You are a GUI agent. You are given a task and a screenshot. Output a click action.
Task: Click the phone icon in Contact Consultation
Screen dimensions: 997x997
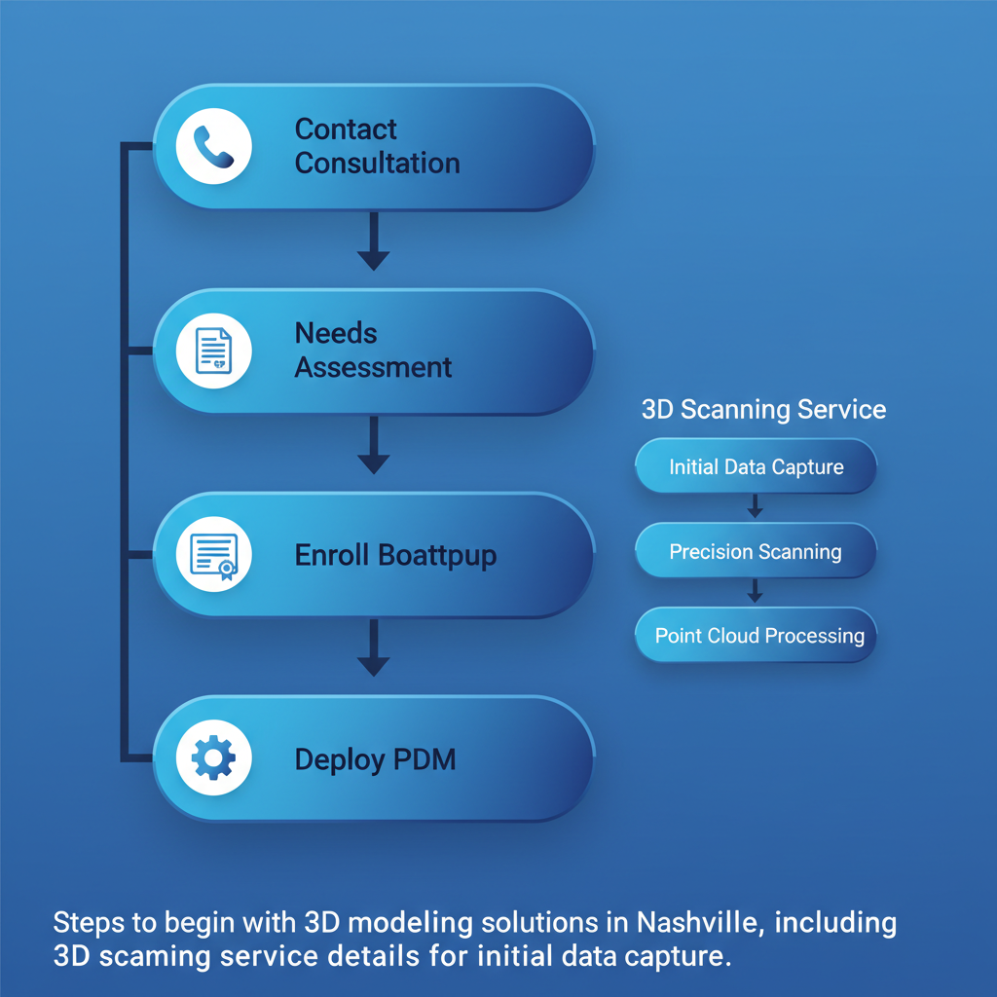click(213, 147)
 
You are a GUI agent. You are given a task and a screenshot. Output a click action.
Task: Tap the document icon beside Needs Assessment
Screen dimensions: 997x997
click(213, 351)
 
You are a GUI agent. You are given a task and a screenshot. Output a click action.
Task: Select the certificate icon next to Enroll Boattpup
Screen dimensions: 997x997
click(213, 556)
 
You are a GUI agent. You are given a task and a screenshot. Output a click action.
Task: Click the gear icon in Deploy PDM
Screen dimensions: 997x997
click(213, 759)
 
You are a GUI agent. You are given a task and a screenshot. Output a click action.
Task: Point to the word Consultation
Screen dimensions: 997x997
click(377, 163)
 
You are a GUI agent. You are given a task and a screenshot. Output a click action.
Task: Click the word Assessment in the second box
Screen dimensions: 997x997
click(373, 367)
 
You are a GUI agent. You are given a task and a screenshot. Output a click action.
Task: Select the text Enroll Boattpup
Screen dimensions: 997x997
click(395, 556)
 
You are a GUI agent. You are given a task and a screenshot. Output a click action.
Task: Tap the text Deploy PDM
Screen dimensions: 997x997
click(375, 759)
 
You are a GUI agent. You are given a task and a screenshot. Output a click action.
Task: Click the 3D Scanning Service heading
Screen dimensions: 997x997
click(763, 409)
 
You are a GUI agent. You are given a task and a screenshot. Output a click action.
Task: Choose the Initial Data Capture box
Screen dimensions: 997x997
click(756, 467)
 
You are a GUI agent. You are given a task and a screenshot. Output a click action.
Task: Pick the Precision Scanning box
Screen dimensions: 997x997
click(756, 552)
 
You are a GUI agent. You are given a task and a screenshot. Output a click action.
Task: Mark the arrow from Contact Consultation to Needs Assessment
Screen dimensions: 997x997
click(373, 244)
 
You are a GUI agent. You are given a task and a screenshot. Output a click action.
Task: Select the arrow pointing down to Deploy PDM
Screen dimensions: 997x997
click(373, 652)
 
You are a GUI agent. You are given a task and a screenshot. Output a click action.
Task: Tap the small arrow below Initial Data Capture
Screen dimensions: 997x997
click(755, 507)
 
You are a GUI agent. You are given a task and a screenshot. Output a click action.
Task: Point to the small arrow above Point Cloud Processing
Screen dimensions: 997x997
click(755, 592)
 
